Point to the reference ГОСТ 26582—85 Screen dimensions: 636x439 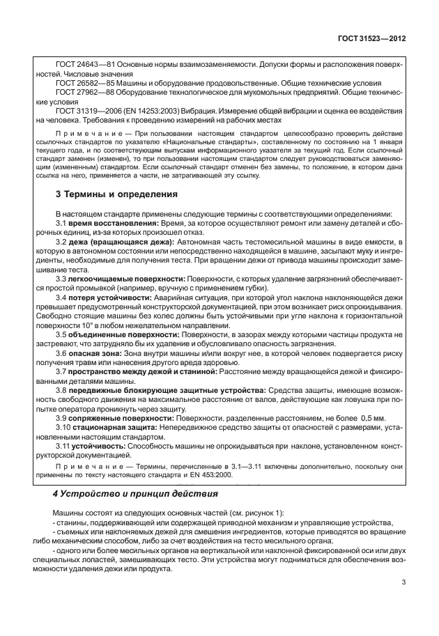tap(84, 82)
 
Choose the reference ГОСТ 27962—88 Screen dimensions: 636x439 tap(84, 91)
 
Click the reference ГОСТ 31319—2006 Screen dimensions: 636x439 tap(87, 111)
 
